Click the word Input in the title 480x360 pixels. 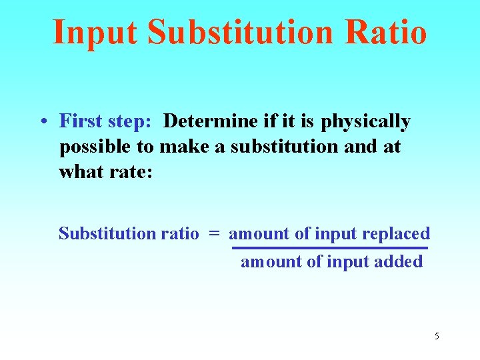coord(95,32)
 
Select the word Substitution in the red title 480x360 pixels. coord(237,32)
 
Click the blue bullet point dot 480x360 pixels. coord(43,122)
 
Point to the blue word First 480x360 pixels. coord(79,121)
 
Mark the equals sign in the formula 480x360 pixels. coord(213,234)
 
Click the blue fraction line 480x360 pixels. coord(329,248)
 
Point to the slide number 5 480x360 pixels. coord(437,336)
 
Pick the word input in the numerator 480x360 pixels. coord(336,234)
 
